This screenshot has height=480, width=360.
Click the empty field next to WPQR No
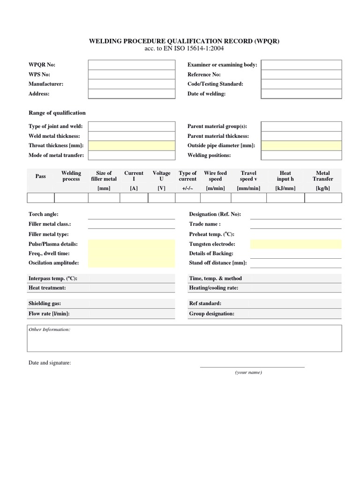point(131,65)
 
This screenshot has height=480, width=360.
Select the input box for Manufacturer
point(131,84)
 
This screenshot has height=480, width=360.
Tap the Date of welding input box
point(301,94)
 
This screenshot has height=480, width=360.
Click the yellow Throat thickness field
point(131,146)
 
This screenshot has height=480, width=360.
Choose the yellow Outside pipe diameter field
point(301,146)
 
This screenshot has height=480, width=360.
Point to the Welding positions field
point(301,155)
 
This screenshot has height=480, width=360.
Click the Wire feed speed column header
point(215,176)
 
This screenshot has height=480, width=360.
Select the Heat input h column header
point(285,176)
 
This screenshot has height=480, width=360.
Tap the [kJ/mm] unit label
point(285,188)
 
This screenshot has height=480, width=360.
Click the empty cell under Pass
point(41,198)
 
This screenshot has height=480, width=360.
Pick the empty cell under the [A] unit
point(134,198)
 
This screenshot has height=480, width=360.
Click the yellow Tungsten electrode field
point(296,244)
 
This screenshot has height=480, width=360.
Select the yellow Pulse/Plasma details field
point(131,244)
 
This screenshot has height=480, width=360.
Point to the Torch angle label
point(44,214)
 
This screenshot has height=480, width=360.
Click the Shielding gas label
point(45,303)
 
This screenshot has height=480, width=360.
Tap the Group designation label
point(211,314)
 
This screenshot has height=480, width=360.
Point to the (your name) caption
point(248,372)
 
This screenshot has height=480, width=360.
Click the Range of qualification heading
point(57,113)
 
